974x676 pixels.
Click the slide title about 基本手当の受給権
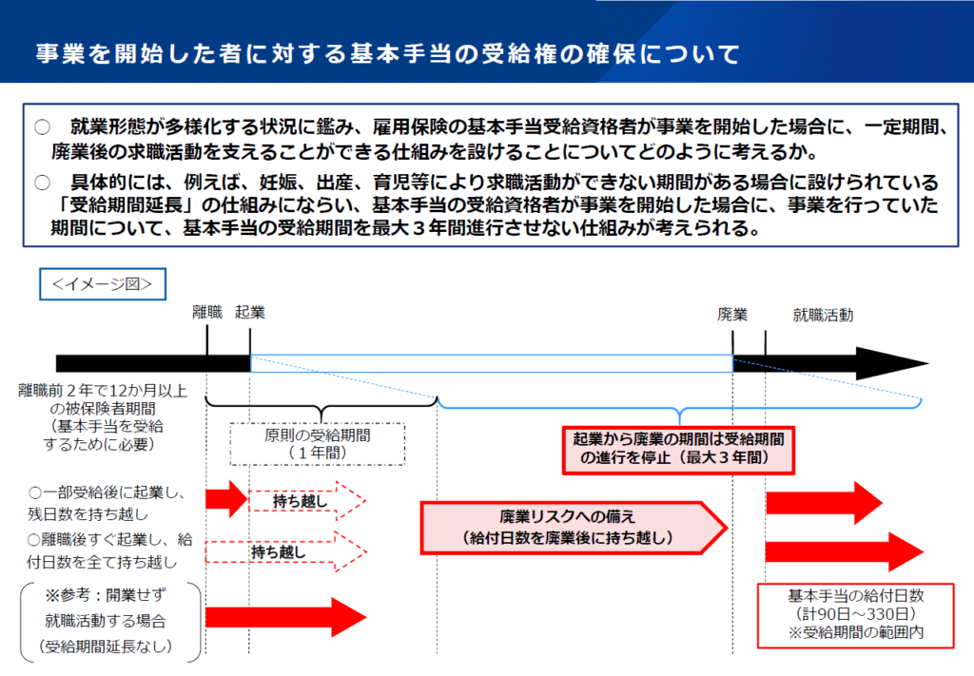click(388, 53)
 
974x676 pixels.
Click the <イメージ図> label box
click(103, 284)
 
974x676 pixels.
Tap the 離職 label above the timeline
click(206, 312)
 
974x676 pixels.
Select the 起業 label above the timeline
click(250, 312)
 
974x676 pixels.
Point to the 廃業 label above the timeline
click(732, 315)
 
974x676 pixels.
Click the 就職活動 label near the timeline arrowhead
click(823, 316)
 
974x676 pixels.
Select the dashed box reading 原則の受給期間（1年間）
click(318, 444)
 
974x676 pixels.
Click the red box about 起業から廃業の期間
click(678, 450)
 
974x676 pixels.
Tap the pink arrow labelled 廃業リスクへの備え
click(573, 528)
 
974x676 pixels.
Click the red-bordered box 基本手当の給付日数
click(855, 615)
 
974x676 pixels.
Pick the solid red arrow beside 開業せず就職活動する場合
click(285, 617)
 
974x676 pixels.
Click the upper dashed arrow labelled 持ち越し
click(307, 500)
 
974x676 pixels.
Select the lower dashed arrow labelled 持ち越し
click(285, 551)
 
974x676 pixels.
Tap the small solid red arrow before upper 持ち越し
click(226, 498)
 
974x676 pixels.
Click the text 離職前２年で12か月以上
click(103, 391)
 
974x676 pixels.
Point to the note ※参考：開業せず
click(106, 595)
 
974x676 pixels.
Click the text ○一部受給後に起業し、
click(107, 493)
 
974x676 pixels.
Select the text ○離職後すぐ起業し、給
click(110, 539)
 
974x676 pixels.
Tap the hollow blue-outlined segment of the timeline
click(492, 364)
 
